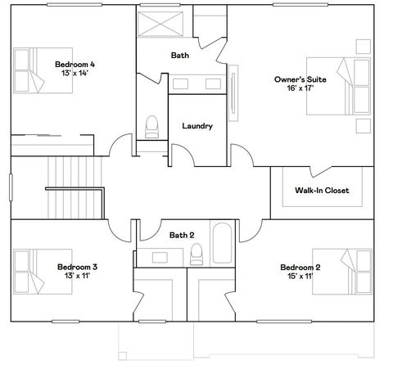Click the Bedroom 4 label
pyautogui.click(x=75, y=64)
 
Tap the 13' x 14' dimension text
pyautogui.click(x=75, y=74)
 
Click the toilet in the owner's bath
pyautogui.click(x=151, y=126)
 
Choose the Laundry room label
pyautogui.click(x=197, y=126)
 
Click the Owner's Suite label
pyautogui.click(x=300, y=79)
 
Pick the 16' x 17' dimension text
pyautogui.click(x=300, y=90)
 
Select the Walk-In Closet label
pyautogui.click(x=322, y=191)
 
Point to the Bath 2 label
pyautogui.click(x=181, y=236)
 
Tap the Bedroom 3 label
pyautogui.click(x=78, y=267)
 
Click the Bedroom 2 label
pyautogui.click(x=300, y=268)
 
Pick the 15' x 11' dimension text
pyautogui.click(x=300, y=277)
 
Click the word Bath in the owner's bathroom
pyautogui.click(x=180, y=56)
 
